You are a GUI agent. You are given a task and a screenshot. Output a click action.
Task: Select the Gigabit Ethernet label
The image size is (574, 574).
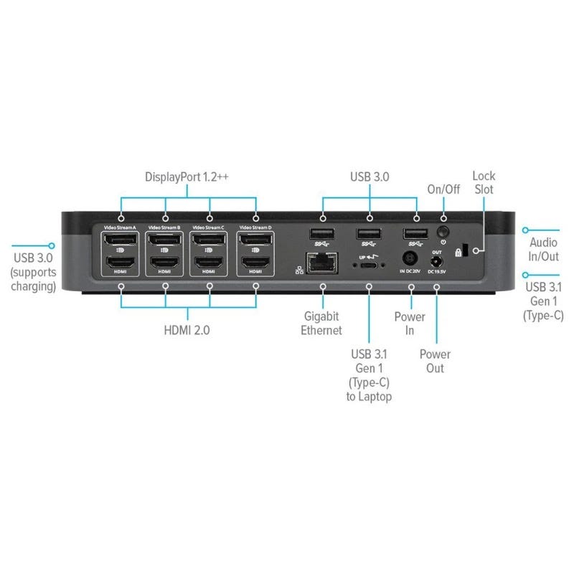[x=322, y=323]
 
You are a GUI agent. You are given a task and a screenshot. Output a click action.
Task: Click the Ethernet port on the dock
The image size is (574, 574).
[x=322, y=263]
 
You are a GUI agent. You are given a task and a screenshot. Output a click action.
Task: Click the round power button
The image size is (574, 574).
[x=443, y=232]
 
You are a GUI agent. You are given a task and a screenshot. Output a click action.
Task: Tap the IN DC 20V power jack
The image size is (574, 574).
[x=410, y=258]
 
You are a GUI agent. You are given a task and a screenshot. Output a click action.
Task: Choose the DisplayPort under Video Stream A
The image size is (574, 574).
[x=120, y=239]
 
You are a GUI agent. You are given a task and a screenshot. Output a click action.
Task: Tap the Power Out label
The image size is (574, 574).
[x=435, y=361]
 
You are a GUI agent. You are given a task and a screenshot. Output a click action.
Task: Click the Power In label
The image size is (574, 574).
[x=410, y=323]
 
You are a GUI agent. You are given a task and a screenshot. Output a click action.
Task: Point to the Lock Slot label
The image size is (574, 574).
[x=483, y=183]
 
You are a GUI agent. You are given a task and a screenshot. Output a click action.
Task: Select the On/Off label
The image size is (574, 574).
[x=443, y=190]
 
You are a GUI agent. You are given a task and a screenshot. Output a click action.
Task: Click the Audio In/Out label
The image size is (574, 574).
[x=544, y=250]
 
